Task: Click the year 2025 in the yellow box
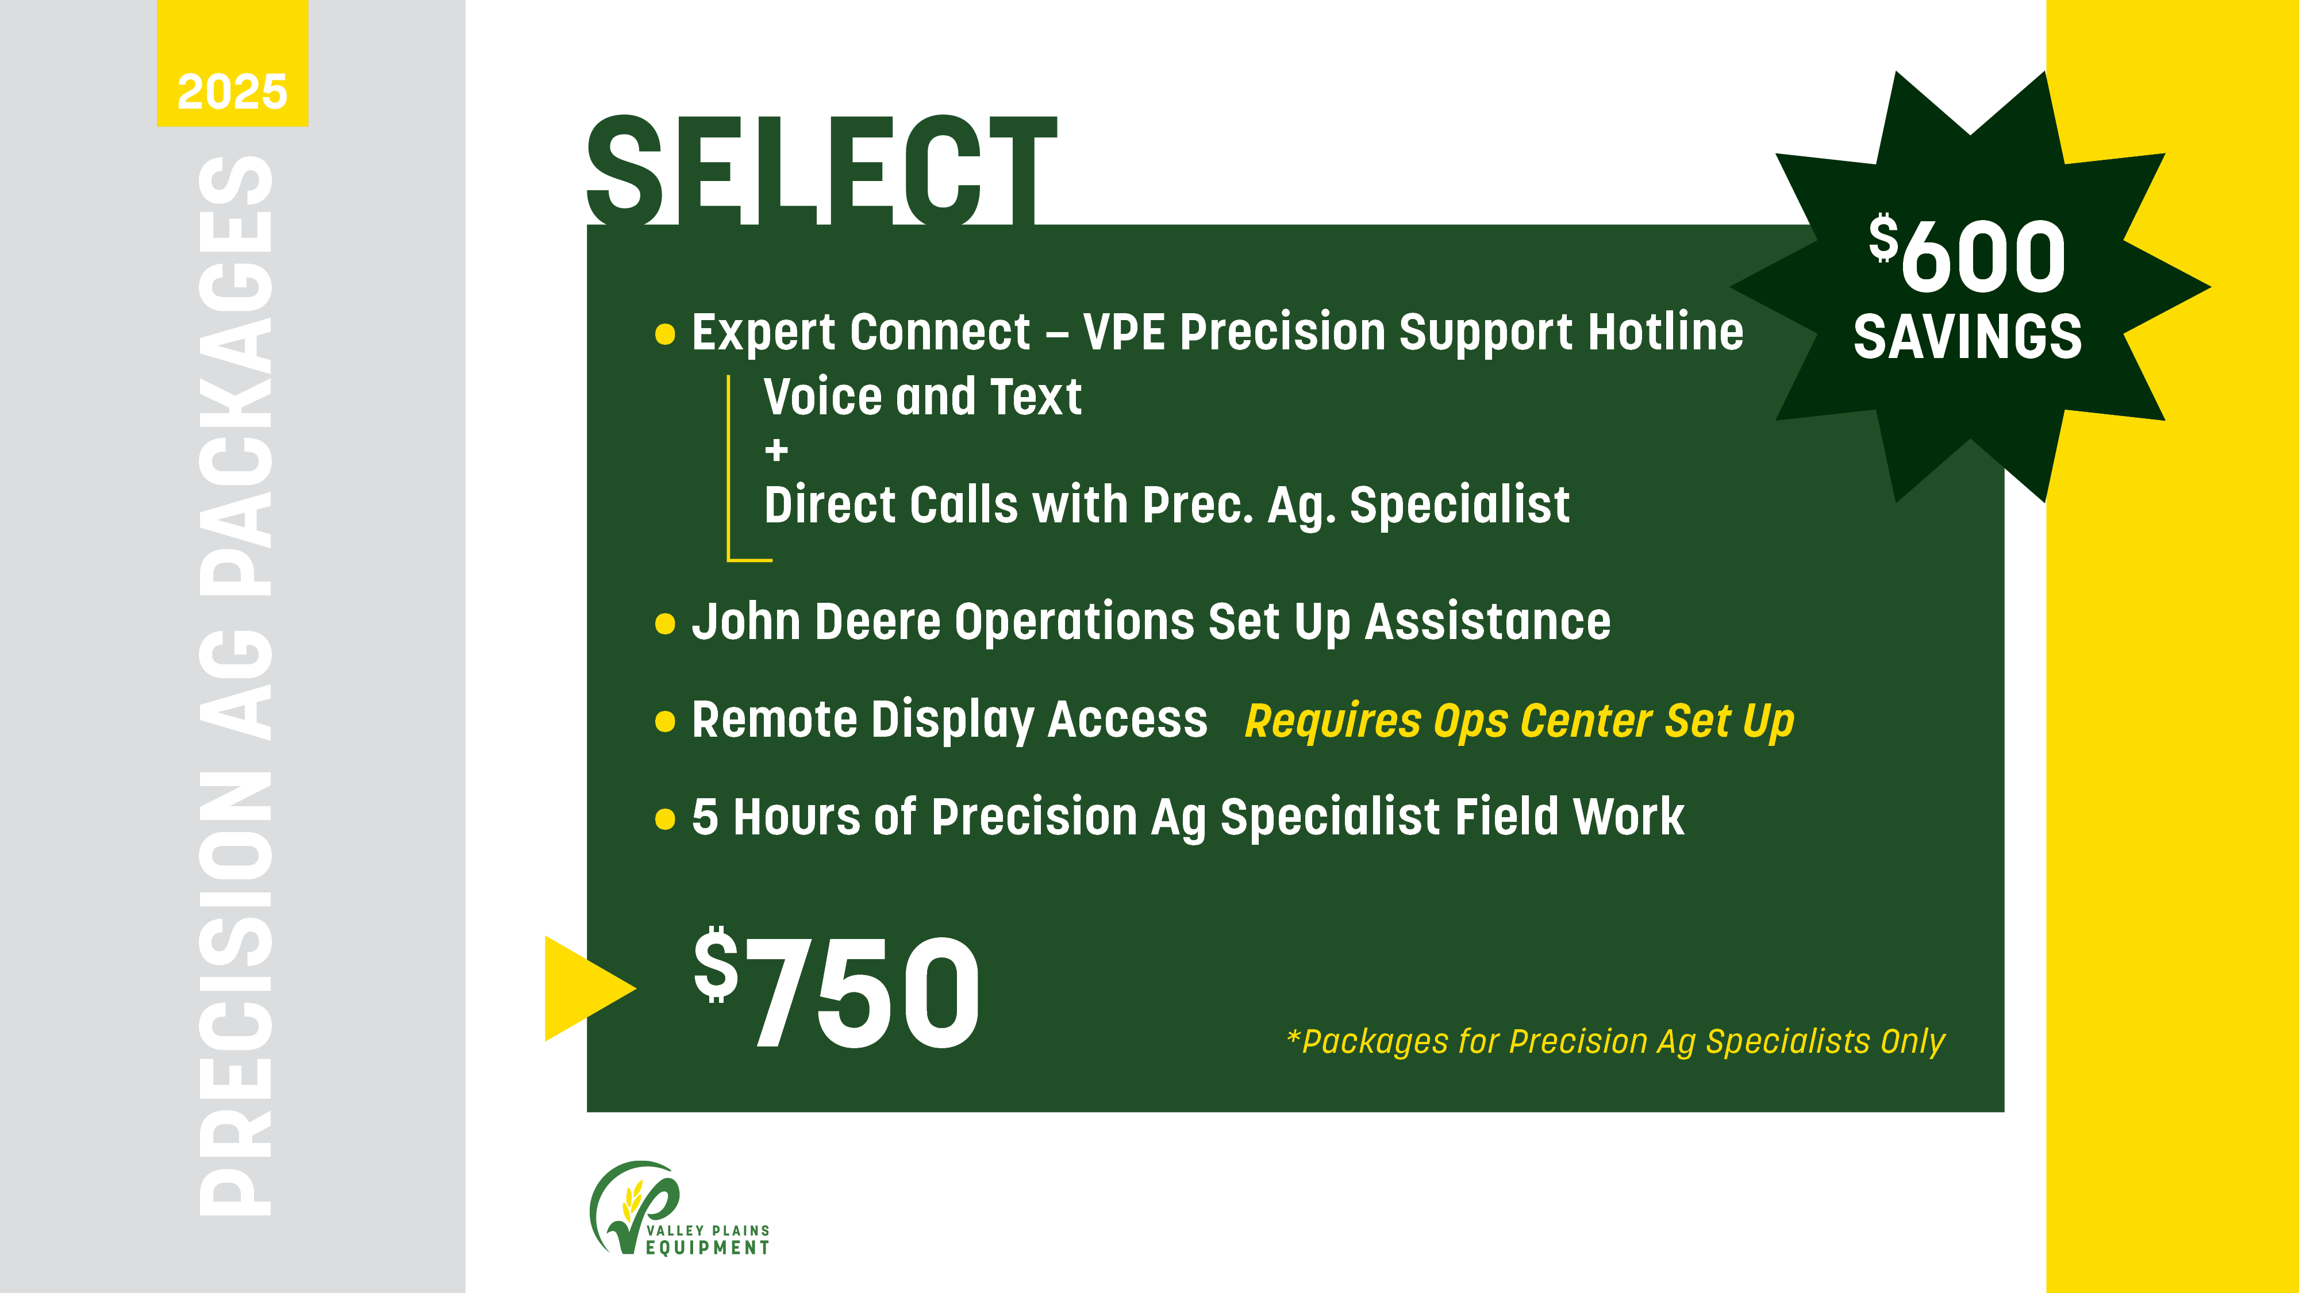click(232, 92)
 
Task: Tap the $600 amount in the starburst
click(1968, 256)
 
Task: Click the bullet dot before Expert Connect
click(665, 334)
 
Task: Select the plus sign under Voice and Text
click(776, 450)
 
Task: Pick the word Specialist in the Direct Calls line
click(1459, 506)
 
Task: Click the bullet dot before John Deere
click(665, 623)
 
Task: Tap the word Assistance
click(1488, 622)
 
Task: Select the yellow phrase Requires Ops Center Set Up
click(1519, 721)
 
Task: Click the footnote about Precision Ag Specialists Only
click(1616, 1041)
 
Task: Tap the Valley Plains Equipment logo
click(678, 1209)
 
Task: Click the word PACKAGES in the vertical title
click(234, 375)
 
